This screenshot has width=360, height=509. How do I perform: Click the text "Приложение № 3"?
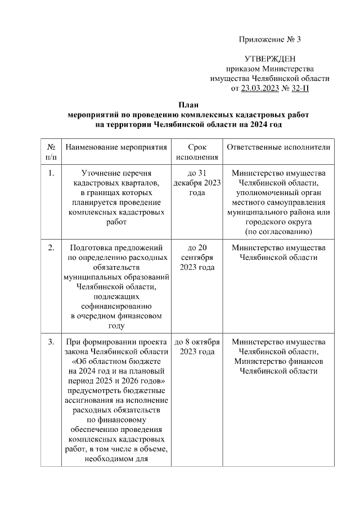tap(270, 39)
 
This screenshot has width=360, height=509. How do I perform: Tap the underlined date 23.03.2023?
tap(259, 88)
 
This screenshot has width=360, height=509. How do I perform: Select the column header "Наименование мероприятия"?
tap(116, 147)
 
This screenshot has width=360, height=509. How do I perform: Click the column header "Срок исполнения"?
tap(197, 152)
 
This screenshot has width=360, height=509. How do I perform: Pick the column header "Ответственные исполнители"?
tap(278, 147)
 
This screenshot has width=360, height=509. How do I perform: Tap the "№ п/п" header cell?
tap(51, 152)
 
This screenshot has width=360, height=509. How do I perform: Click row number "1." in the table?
tap(51, 174)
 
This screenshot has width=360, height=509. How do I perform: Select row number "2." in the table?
tap(51, 247)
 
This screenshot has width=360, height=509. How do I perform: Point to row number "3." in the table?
tap(51, 341)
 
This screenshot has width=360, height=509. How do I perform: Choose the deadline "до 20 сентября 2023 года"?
tap(197, 257)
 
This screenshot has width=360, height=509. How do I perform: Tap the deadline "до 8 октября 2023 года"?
tap(197, 346)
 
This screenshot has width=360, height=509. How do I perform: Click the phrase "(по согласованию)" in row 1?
tap(278, 232)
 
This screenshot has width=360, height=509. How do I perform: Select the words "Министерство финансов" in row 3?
tap(278, 361)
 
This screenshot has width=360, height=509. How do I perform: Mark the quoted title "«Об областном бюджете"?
tap(116, 361)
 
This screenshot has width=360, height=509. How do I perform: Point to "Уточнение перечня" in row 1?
tap(116, 174)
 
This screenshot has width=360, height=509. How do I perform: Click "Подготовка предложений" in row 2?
tap(116, 247)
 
